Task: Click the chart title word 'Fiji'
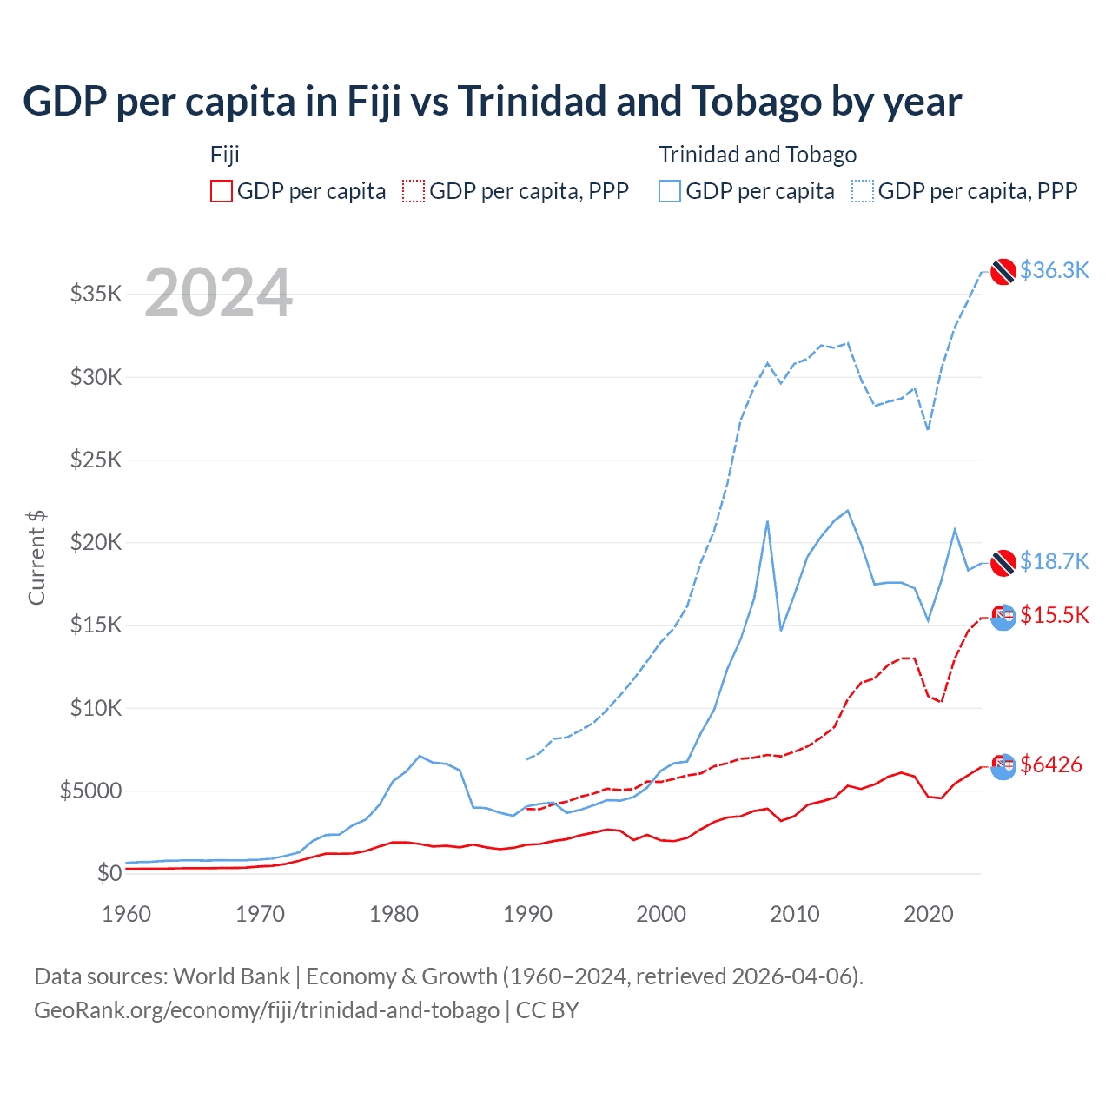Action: (x=374, y=102)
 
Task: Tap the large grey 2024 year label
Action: (x=218, y=294)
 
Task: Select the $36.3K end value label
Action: (x=1054, y=270)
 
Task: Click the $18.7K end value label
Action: (x=1054, y=561)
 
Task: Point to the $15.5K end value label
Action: (x=1054, y=615)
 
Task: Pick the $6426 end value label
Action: (x=1050, y=764)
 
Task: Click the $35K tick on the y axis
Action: (x=96, y=294)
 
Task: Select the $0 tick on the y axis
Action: (x=109, y=873)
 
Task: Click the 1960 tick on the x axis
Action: (x=127, y=914)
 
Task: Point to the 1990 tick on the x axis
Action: (x=527, y=914)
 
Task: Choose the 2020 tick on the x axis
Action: (x=929, y=914)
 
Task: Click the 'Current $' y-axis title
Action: (x=36, y=558)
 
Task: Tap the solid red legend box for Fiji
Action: (x=222, y=191)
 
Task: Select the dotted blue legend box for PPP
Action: (x=863, y=191)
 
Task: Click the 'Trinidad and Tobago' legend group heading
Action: (x=758, y=155)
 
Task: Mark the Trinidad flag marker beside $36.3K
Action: (x=1003, y=271)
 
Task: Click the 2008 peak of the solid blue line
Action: (x=767, y=521)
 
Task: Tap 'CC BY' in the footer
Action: (x=547, y=1010)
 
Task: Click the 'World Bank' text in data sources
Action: (x=231, y=976)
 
